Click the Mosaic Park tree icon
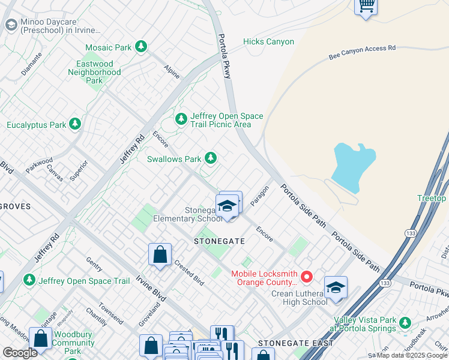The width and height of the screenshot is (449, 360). point(141,46)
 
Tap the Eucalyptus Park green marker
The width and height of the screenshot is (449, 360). point(74,124)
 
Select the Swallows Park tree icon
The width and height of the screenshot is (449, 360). point(210,158)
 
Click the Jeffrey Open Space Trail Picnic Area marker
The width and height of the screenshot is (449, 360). point(181,119)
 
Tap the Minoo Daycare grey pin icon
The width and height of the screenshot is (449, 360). point(11,25)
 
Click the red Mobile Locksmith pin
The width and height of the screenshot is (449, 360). point(307,277)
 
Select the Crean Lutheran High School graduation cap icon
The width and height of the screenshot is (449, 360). point(336,287)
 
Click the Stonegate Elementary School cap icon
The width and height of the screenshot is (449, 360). point(227,206)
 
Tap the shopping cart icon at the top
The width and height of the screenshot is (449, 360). point(366,7)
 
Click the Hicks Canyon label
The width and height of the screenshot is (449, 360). point(268,41)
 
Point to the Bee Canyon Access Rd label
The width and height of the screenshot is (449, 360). point(363,52)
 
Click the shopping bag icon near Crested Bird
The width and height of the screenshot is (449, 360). point(160,254)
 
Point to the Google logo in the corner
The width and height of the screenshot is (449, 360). point(20,353)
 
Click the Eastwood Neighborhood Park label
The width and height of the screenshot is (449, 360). point(94,72)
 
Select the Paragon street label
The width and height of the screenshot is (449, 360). point(259,195)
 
